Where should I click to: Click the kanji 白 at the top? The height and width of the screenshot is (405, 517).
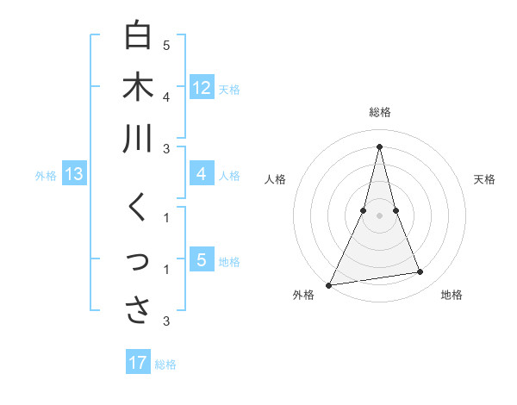138,36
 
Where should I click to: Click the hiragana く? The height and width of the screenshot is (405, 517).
137,208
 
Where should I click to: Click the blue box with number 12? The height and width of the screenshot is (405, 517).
202,87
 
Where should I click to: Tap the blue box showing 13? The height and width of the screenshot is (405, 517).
73,175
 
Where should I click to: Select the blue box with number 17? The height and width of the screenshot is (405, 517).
138,363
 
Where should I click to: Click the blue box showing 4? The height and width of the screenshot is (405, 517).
202,175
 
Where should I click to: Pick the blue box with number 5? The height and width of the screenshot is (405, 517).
202,261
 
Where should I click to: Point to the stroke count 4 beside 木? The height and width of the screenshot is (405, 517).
166,97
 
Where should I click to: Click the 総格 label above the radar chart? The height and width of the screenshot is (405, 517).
379,112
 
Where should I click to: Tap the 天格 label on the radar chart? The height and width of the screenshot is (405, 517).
485,179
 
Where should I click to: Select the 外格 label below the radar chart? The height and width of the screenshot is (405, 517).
303,295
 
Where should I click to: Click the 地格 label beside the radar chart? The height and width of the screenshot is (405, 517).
452,295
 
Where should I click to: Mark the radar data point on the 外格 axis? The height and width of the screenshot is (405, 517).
328,284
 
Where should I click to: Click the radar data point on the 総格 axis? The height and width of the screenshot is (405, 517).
379,146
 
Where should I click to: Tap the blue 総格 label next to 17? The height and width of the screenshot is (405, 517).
165,364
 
